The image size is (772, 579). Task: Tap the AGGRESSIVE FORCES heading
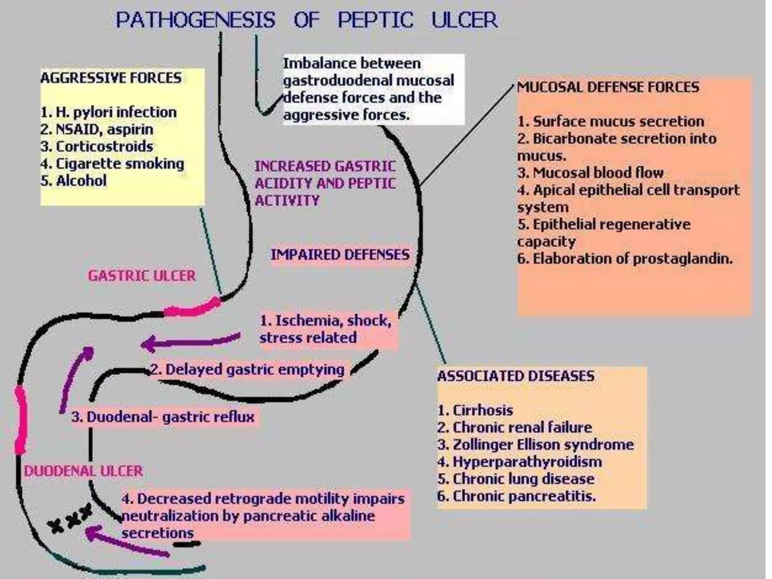coord(111,78)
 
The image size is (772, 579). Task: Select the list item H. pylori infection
coord(109,112)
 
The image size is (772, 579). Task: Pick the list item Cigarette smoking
coord(112,164)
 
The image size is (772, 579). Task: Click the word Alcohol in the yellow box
coord(81,181)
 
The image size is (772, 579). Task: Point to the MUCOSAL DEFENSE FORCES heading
coord(608,87)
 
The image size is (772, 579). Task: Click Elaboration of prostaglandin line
coord(625,259)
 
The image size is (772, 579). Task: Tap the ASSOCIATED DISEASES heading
coord(516,376)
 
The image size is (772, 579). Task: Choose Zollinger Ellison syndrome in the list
coord(536,444)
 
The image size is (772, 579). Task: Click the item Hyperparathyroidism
coord(520,462)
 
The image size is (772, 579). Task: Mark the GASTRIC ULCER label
coord(142,276)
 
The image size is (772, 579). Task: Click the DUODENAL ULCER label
coord(83,471)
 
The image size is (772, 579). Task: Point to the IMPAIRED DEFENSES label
coord(340,255)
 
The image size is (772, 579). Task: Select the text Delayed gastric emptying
coord(248,369)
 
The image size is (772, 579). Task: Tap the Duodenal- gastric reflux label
coord(163,417)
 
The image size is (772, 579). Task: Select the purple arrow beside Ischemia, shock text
coord(190,342)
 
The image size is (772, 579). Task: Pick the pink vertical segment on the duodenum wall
coord(21,419)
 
